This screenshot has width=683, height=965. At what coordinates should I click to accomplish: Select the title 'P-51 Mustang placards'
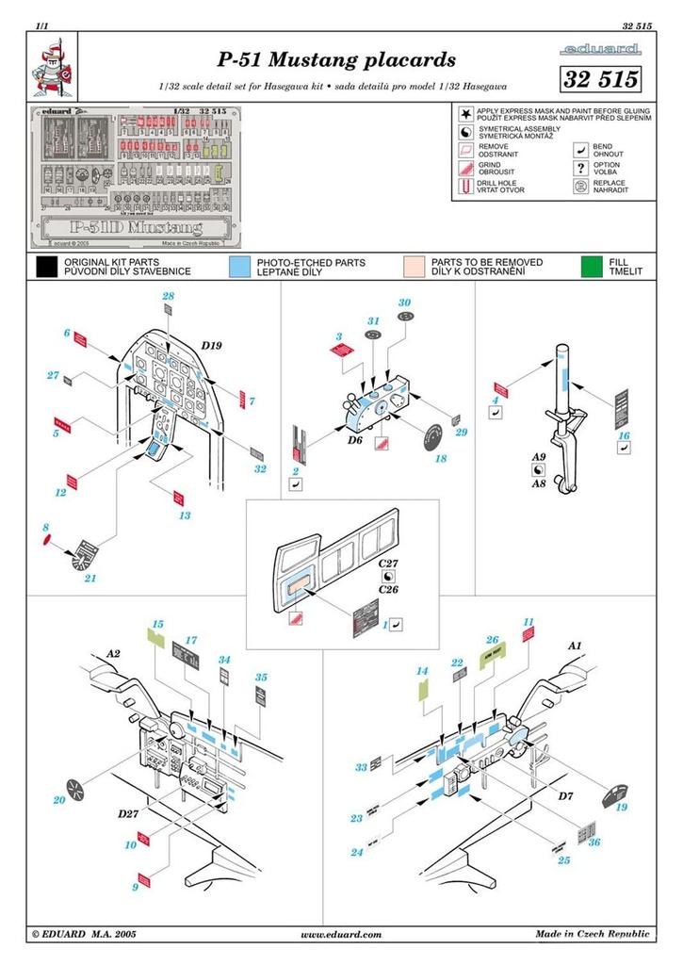point(336,60)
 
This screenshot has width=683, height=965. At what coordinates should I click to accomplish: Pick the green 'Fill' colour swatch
point(593,267)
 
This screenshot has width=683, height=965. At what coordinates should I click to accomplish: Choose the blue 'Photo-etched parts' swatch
point(240,267)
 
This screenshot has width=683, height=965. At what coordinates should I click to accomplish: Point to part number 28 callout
point(168,297)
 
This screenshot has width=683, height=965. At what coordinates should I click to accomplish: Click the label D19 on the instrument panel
point(211,346)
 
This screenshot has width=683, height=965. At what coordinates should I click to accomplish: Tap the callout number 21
point(90,578)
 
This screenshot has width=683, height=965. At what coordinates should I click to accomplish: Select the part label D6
point(355,440)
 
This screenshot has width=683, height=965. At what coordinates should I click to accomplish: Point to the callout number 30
point(405,303)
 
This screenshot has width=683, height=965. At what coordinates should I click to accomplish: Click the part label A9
point(539,455)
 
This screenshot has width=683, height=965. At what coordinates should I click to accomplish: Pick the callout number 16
point(624,435)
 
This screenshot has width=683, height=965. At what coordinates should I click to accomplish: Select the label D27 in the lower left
point(129,812)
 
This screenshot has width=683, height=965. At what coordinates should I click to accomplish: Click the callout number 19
point(621,807)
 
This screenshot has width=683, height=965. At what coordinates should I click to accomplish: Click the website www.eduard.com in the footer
point(341,934)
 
